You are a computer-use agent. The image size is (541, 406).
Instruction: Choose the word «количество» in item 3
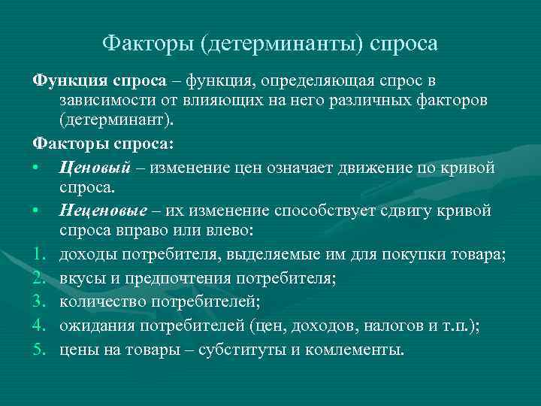pyautogui.click(x=101, y=303)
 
